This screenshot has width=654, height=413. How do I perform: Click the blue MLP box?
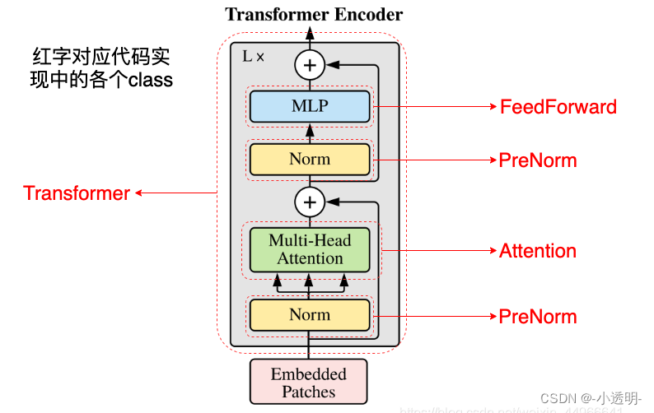coord(310,106)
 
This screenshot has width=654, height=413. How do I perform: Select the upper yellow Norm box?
coord(310,159)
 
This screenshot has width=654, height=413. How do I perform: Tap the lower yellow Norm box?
coord(310,314)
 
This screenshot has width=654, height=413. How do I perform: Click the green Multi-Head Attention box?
coord(310,249)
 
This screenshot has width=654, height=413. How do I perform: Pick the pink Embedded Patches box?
coord(309,383)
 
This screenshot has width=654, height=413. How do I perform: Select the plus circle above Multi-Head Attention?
coord(311,201)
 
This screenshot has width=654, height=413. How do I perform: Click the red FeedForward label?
coord(558,107)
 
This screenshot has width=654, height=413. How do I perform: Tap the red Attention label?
coord(538,251)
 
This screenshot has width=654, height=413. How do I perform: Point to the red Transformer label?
coord(77,193)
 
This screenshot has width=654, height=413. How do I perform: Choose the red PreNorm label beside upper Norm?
coord(538,160)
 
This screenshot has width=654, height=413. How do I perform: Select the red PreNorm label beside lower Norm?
coord(538,317)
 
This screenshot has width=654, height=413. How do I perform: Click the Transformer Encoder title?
coord(314,14)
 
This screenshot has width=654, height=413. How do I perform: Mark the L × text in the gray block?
coord(254,58)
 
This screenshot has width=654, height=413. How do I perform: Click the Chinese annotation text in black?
coord(102,68)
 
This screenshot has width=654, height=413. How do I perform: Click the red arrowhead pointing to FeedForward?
coord(492,107)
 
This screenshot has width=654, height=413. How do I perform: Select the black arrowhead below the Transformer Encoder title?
coord(311,33)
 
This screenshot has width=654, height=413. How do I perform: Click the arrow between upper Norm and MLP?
coord(311,131)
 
